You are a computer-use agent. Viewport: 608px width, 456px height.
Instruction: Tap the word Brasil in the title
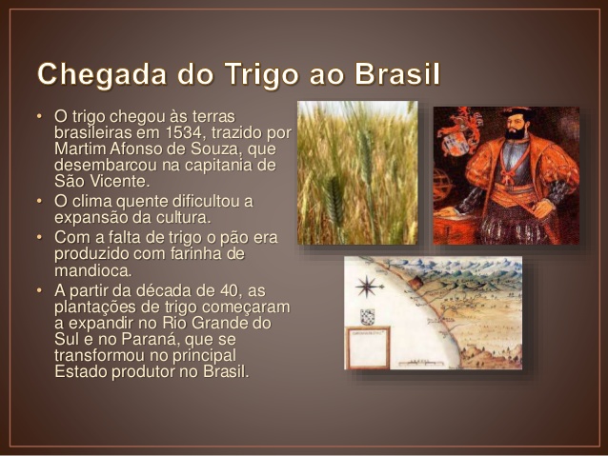398,73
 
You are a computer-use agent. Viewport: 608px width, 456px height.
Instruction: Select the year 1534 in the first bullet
183,132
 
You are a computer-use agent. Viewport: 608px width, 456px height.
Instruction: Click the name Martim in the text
80,149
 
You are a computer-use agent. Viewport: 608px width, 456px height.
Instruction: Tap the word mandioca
92,270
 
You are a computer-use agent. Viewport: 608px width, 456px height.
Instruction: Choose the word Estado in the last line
81,371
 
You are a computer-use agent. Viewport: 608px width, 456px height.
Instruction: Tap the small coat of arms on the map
367,317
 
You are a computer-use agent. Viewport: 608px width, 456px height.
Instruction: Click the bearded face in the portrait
516,125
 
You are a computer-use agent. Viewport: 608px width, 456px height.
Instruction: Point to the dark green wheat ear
334,201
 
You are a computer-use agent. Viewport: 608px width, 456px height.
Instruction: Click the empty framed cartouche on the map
368,348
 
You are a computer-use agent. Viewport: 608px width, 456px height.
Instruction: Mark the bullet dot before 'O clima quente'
39,201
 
